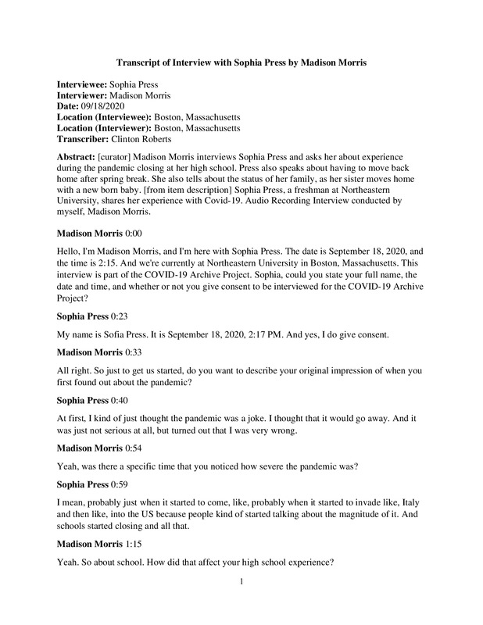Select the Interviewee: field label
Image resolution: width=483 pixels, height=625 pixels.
click(84, 82)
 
